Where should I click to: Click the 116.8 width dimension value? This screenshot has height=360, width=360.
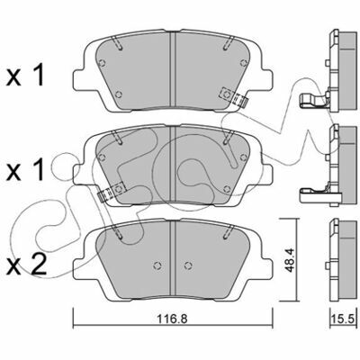[x=173, y=319]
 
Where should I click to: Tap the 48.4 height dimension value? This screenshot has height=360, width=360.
[x=289, y=260]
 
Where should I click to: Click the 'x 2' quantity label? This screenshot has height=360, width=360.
[x=26, y=264]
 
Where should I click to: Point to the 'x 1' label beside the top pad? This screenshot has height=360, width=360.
[x=25, y=76]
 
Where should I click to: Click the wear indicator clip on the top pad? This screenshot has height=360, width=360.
[x=234, y=96]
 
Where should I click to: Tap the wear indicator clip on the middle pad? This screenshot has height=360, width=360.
[x=111, y=193]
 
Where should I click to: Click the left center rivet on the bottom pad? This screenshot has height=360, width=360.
[x=157, y=265]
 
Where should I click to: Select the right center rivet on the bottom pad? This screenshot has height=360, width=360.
[x=188, y=265]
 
